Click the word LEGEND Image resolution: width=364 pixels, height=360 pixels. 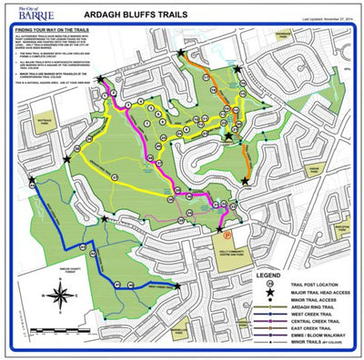(269, 273)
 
